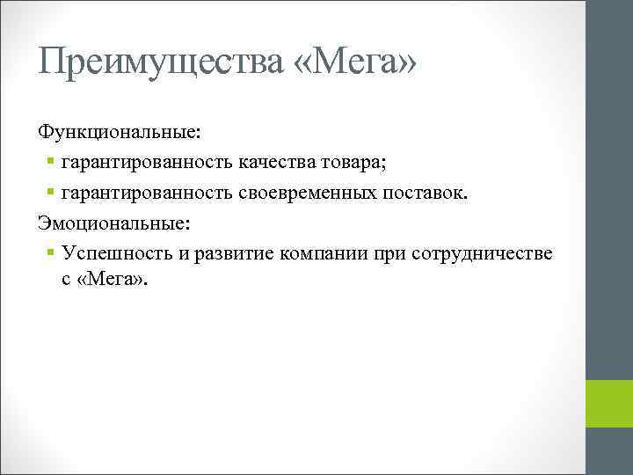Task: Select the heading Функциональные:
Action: click(x=119, y=133)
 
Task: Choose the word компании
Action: click(x=324, y=253)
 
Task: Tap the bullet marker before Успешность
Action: click(x=51, y=253)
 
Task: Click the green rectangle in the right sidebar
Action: click(x=609, y=404)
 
